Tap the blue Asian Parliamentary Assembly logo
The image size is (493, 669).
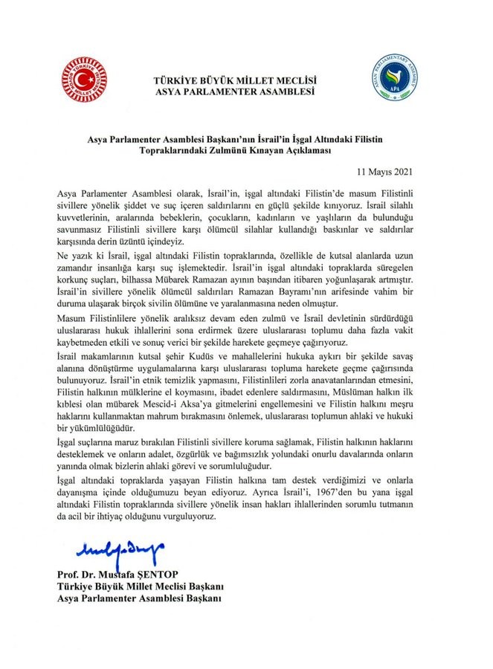coord(394,84)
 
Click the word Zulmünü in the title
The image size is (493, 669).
coord(213,149)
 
